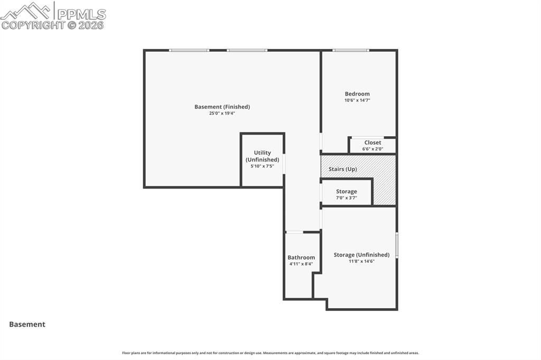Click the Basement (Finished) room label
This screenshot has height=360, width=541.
222,107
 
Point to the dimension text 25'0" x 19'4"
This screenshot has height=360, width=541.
222,113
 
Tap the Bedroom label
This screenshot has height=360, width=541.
357,94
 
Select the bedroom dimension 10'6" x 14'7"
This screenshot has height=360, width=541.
357,100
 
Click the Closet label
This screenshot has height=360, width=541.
372,143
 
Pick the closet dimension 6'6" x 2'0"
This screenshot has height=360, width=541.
372,149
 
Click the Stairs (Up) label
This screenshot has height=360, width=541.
343,169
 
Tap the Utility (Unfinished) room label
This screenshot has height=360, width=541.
262,156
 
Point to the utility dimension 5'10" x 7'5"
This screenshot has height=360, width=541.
262,166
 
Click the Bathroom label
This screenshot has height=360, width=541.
301,258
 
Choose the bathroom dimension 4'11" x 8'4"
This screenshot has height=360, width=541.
301,264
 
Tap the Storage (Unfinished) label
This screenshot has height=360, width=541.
361,255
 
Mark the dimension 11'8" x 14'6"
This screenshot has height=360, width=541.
361,261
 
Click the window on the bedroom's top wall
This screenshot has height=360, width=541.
351,51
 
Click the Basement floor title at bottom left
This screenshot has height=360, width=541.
27,325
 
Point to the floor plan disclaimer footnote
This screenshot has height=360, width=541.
270,353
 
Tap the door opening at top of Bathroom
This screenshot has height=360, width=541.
294,232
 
